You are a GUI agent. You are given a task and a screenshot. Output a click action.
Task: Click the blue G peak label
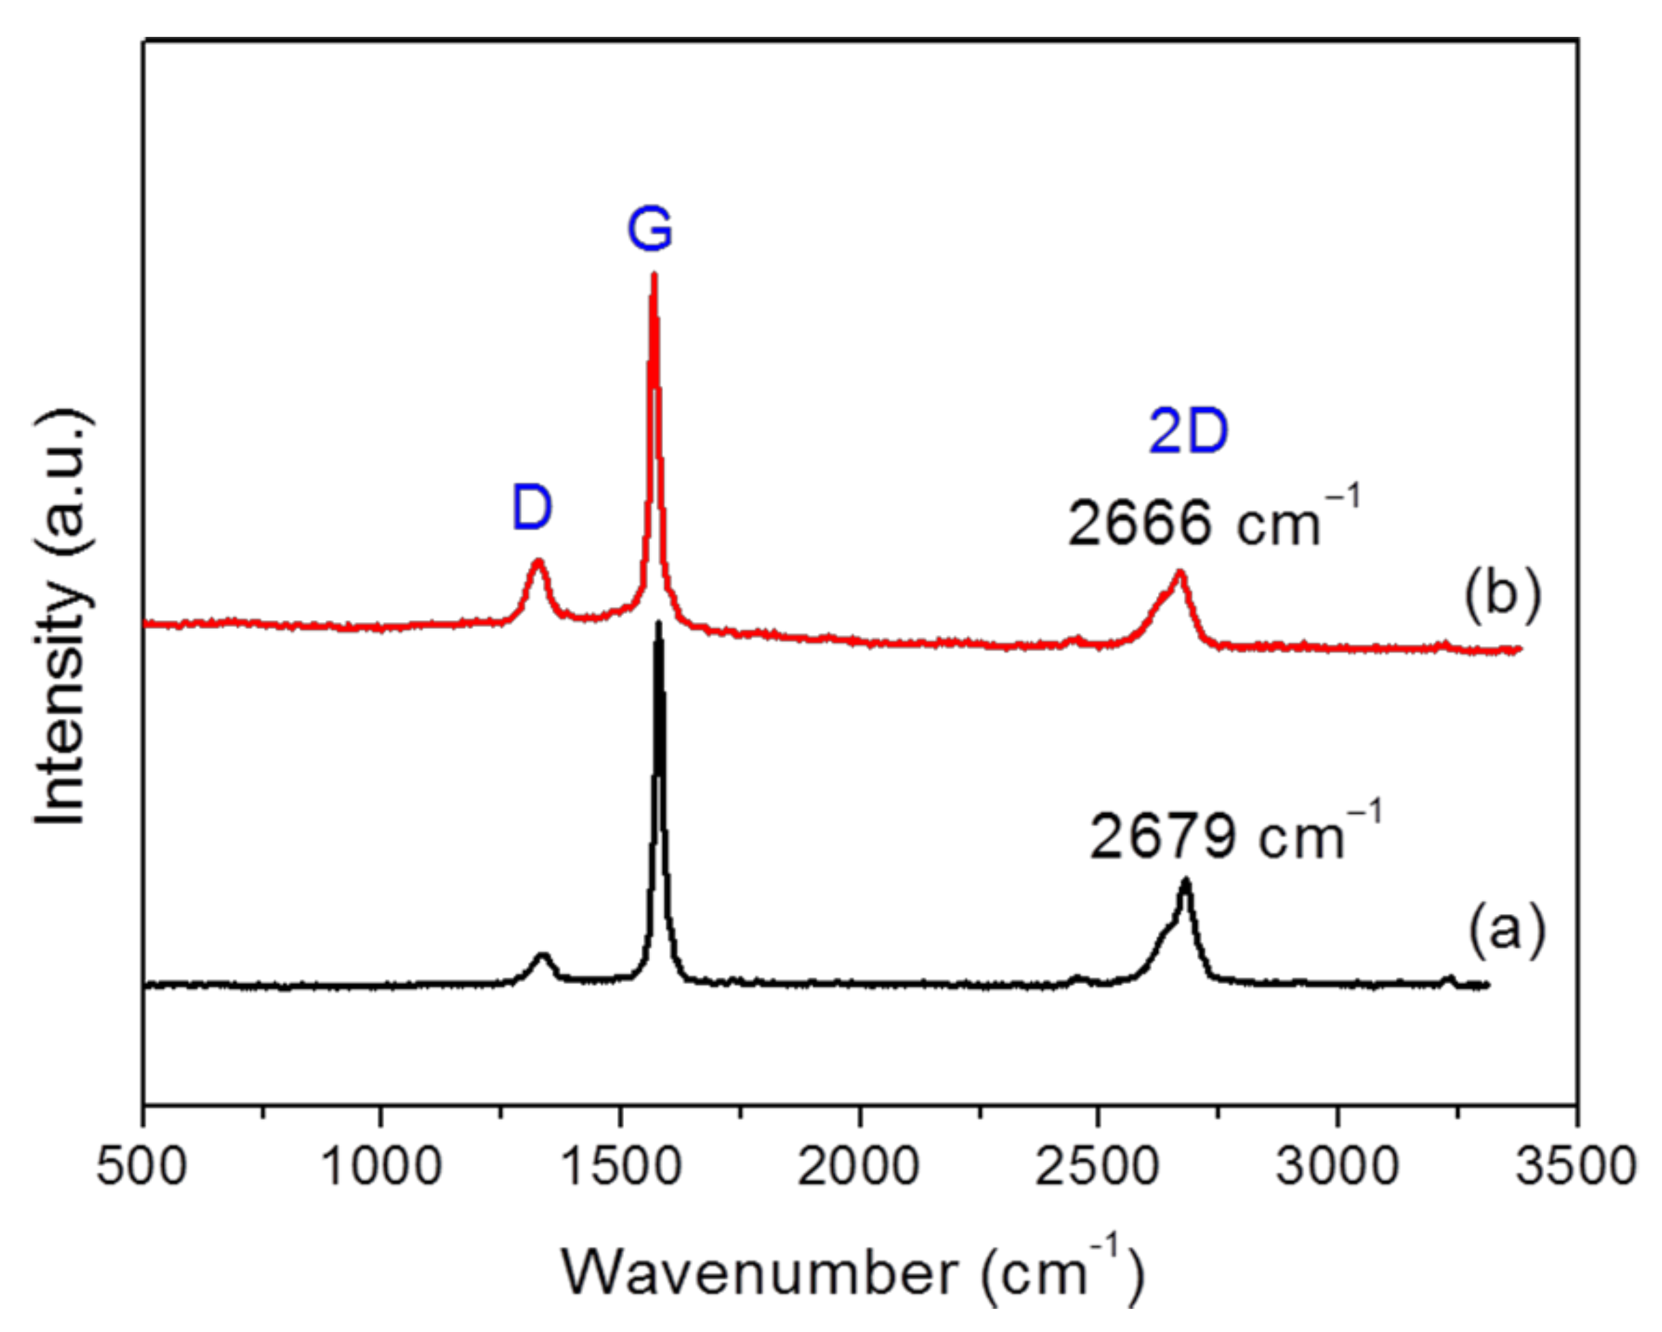coord(649,230)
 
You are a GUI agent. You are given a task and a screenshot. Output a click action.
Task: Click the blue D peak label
coord(532,509)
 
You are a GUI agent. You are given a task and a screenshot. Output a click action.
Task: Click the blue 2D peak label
coord(1188,432)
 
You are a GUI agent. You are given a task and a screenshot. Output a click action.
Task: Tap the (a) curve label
coord(1507,930)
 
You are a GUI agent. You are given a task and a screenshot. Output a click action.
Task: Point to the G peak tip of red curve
coord(654,276)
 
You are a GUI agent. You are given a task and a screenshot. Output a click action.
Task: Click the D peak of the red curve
coord(538,563)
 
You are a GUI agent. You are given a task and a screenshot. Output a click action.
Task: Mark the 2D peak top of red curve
coord(1178,574)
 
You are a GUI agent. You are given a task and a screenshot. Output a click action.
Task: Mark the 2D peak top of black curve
coord(1185,881)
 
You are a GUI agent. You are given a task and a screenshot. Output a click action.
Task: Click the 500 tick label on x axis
coord(142,1167)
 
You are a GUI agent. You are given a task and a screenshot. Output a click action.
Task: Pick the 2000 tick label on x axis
coord(859,1167)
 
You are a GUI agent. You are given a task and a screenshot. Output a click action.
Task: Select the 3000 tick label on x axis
coord(1337,1167)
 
